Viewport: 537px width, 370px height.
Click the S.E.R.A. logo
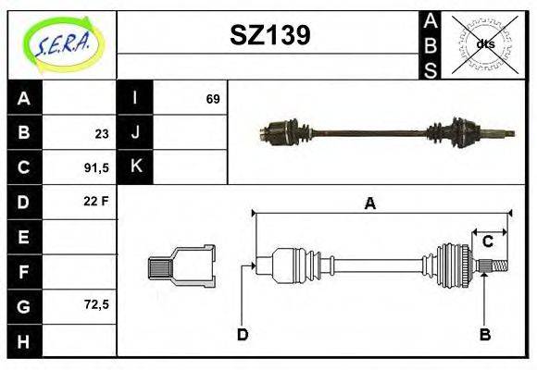click(60, 43)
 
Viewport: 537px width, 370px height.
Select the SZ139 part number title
click(269, 35)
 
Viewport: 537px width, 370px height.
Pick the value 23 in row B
click(101, 133)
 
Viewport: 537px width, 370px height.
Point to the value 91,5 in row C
click(96, 167)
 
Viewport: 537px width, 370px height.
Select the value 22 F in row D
click(96, 202)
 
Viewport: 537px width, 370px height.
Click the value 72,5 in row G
click(96, 303)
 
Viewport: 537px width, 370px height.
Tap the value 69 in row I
click(213, 99)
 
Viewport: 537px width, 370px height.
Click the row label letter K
click(135, 167)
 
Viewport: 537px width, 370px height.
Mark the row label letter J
click(135, 133)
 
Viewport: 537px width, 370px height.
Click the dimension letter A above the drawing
click(369, 204)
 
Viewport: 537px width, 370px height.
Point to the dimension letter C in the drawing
click(487, 241)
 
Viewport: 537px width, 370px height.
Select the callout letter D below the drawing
click(242, 334)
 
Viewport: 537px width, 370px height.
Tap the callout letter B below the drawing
click(484, 334)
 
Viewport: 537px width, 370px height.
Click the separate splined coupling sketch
click(181, 266)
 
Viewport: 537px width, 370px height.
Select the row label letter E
click(24, 236)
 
